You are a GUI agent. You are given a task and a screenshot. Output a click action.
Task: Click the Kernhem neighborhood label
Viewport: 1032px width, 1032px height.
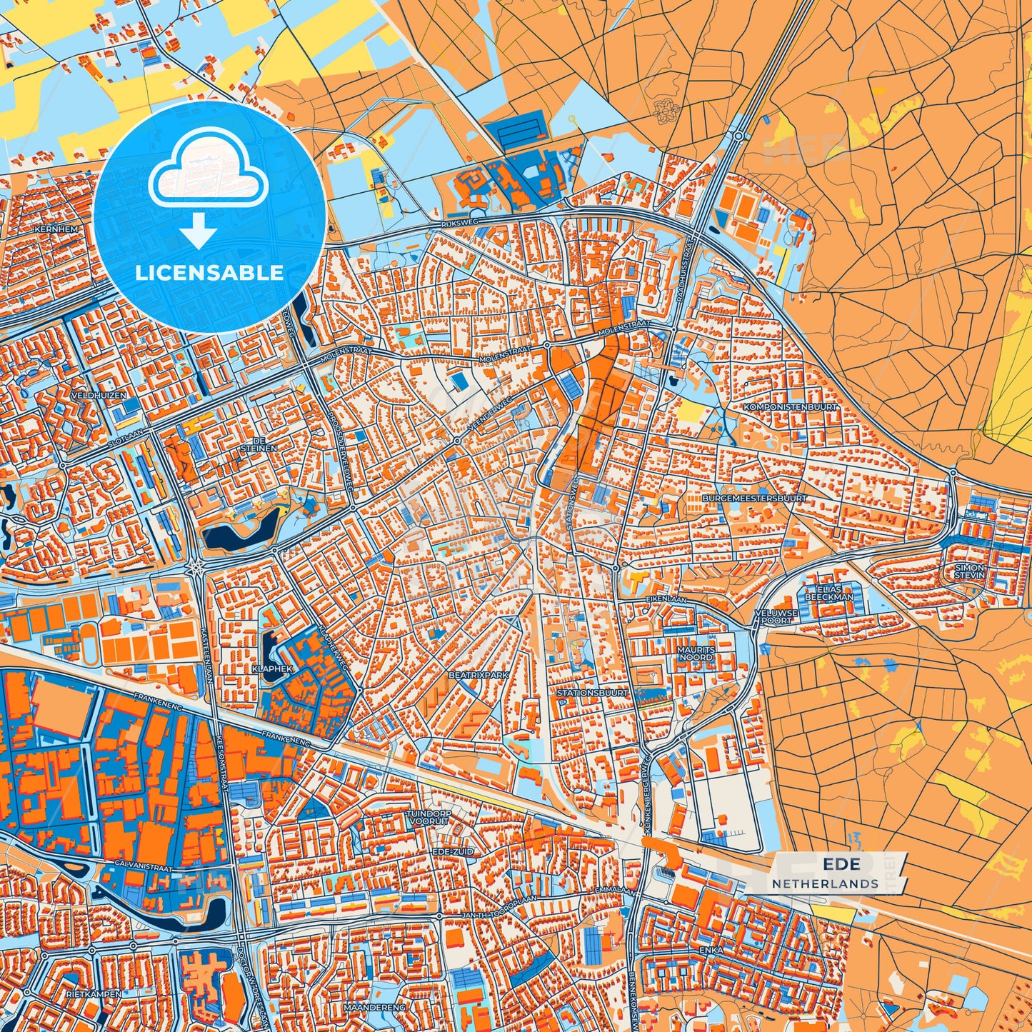pyautogui.click(x=54, y=230)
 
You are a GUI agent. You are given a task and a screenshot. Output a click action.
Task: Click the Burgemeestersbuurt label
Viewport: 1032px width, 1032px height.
pyautogui.click(x=754, y=498)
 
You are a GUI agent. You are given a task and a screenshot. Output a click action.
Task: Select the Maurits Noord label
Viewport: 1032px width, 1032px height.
pyautogui.click(x=696, y=653)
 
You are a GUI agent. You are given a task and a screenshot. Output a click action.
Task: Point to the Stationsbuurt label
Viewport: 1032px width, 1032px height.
pyautogui.click(x=592, y=693)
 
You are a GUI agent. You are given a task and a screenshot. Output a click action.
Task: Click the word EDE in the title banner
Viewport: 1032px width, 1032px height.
pyautogui.click(x=841, y=865)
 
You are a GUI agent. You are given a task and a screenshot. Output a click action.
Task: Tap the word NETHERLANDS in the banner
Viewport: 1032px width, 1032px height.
pyautogui.click(x=825, y=883)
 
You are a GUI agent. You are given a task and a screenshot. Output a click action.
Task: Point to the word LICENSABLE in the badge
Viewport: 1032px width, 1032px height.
pyautogui.click(x=209, y=273)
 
